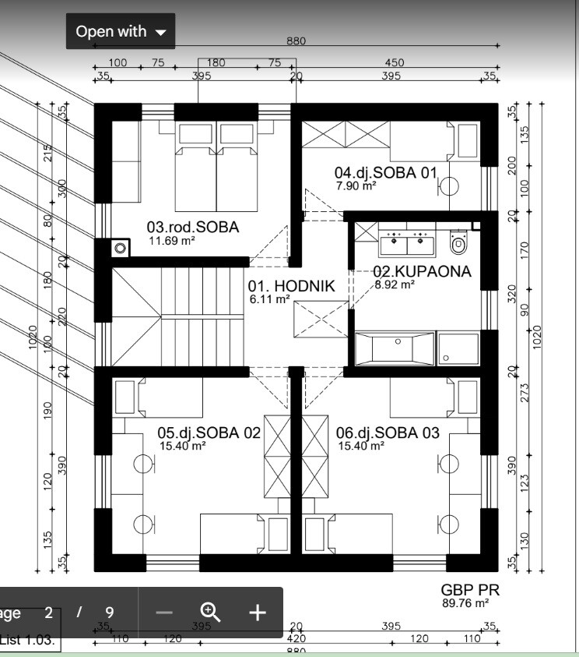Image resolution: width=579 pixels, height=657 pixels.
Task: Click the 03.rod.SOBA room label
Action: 193,227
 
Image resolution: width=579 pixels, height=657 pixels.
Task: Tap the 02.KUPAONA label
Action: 422,271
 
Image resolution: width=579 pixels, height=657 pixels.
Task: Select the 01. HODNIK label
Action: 291,286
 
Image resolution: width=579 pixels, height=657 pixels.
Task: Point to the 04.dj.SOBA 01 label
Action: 386,173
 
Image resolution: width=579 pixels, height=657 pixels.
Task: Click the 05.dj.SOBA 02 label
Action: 209,433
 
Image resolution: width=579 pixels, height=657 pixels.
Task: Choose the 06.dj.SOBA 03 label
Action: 388,433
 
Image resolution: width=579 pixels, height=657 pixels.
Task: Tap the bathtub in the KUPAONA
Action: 395,348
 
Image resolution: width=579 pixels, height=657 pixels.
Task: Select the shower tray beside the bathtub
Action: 458,348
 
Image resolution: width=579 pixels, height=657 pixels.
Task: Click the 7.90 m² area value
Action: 356,185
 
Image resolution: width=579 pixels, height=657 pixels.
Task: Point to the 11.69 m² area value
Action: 172,241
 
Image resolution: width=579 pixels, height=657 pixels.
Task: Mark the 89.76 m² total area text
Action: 465,603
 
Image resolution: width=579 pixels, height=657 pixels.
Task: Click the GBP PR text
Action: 470,590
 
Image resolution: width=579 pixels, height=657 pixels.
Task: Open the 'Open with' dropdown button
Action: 121,31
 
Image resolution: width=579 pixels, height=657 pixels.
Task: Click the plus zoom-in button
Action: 258,613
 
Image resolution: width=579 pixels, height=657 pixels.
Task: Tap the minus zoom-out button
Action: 164,613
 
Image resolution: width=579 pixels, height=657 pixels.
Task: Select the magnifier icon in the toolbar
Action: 210,612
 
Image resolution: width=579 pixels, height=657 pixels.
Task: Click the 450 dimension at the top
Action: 395,62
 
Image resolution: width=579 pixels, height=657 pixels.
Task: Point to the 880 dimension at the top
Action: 297,41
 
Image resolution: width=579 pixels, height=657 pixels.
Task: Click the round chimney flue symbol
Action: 120,248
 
